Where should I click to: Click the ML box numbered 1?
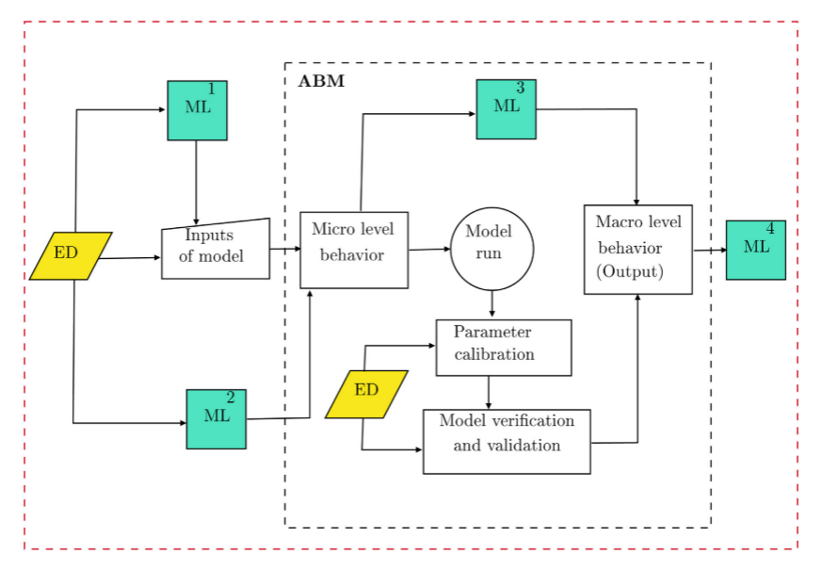197,110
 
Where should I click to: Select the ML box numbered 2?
217,418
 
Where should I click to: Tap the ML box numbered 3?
506,109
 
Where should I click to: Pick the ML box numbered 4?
755,251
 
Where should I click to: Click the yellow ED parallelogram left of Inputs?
70,255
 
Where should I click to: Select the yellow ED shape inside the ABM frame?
366,394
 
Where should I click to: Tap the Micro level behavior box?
353,250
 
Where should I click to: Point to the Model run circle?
492,249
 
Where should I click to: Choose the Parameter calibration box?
503,348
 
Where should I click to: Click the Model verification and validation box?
507,441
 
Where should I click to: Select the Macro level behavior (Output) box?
637,249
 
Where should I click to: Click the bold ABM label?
321,81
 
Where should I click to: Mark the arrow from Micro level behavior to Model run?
429,250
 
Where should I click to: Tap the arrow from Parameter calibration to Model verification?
488,392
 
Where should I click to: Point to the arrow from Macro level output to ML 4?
709,251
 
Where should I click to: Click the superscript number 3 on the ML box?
520,88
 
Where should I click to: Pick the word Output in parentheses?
630,271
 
